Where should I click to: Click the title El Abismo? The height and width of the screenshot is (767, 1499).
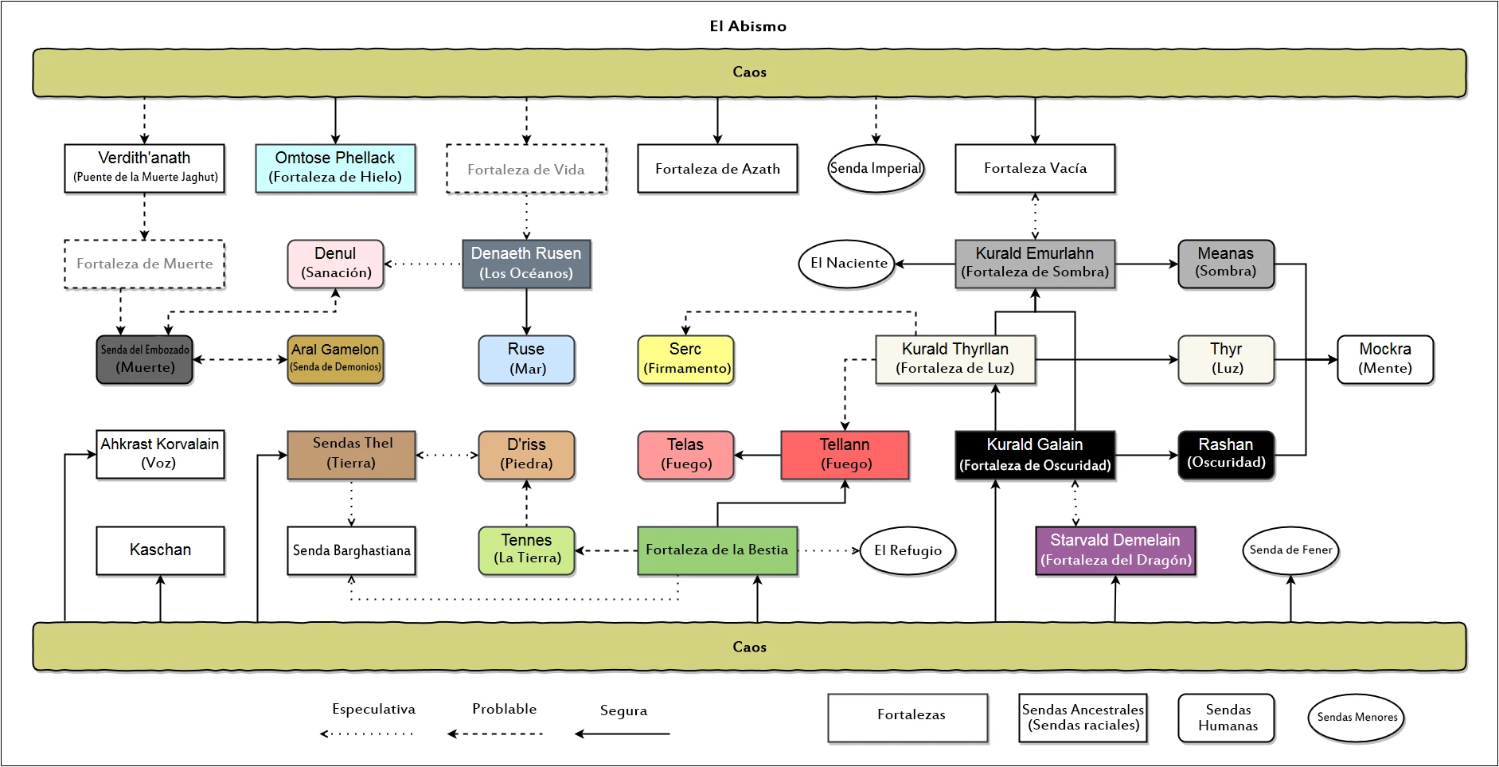tap(748, 26)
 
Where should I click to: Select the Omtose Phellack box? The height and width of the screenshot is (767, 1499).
tap(335, 168)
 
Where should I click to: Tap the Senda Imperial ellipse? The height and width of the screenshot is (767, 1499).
tap(876, 168)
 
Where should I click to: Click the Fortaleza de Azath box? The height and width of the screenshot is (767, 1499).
tap(717, 168)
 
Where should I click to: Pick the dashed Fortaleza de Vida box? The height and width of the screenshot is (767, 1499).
tap(526, 169)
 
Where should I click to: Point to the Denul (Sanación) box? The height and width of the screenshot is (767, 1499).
tap(335, 264)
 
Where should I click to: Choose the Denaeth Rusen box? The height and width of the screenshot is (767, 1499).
tap(526, 264)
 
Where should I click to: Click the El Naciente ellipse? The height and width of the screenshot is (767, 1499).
tap(847, 264)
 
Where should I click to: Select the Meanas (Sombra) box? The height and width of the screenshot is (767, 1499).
tap(1226, 264)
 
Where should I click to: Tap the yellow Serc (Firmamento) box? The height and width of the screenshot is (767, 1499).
tap(685, 359)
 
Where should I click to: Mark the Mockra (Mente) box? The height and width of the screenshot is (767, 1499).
tap(1385, 359)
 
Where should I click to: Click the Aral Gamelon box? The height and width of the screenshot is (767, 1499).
tap(335, 359)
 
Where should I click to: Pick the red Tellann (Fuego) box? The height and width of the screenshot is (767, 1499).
tap(845, 455)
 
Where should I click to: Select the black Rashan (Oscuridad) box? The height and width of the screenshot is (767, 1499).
tap(1226, 455)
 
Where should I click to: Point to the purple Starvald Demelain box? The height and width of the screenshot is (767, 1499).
tap(1115, 550)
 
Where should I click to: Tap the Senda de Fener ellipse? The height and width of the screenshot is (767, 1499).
tap(1290, 550)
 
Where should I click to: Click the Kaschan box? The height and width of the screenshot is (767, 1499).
tap(160, 550)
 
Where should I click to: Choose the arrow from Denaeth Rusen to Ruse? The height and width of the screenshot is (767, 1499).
tap(526, 311)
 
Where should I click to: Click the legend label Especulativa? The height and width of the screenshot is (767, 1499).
tap(373, 709)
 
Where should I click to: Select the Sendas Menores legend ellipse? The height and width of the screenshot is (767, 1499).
tap(1357, 718)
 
